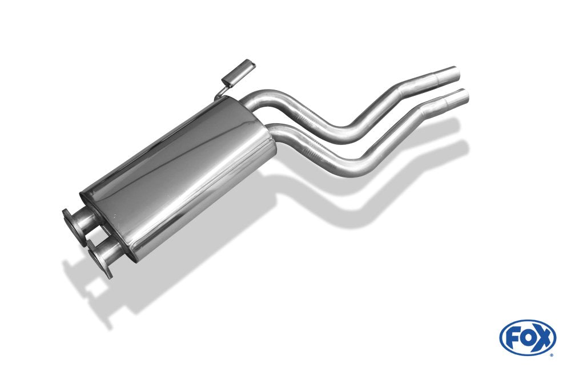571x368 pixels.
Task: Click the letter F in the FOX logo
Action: (512, 338)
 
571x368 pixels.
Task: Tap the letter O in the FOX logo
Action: (526, 338)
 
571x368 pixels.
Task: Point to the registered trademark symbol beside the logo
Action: (552, 355)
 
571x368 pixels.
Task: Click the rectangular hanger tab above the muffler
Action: (239, 73)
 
